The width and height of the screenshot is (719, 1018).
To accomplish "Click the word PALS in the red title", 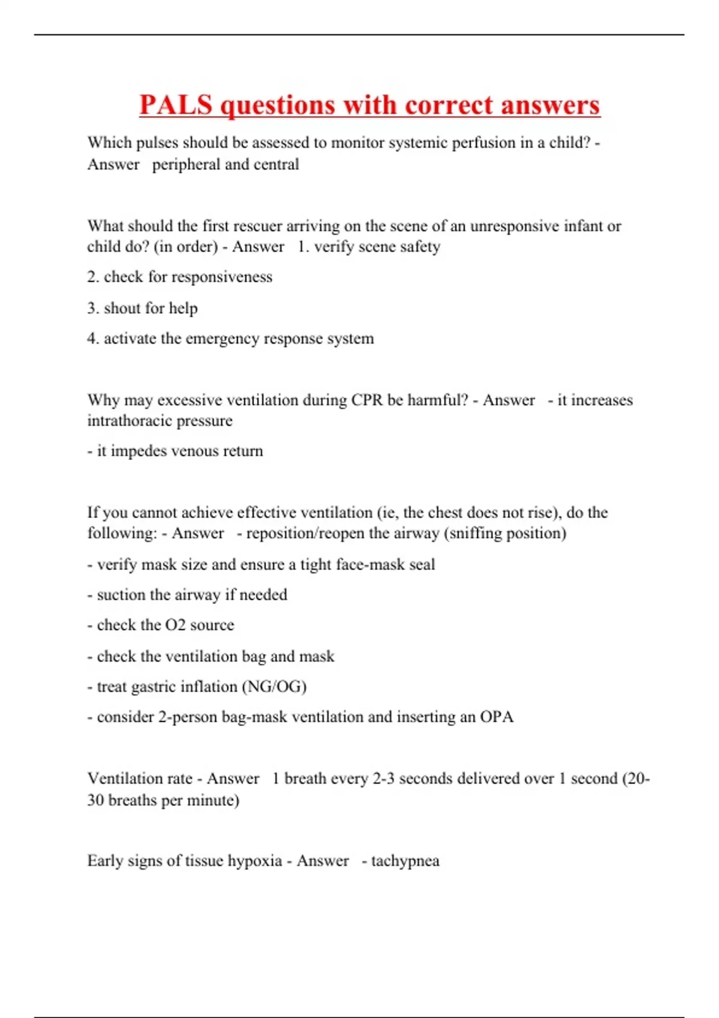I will pos(176,105).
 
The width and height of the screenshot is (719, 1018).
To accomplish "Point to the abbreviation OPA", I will pos(497,717).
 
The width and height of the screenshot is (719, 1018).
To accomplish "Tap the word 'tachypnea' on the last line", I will pos(405,861).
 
